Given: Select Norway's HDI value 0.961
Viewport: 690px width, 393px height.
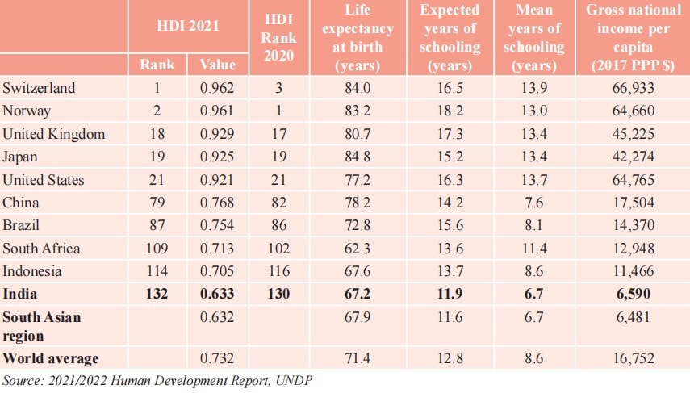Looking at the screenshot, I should [x=218, y=111].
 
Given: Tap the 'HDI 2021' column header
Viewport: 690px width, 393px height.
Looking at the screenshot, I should [x=188, y=26].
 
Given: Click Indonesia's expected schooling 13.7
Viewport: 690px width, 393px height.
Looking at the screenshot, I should [x=449, y=271].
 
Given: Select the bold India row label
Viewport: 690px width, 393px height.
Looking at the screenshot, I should [x=20, y=295].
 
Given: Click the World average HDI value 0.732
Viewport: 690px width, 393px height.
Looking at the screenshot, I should [x=218, y=357].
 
